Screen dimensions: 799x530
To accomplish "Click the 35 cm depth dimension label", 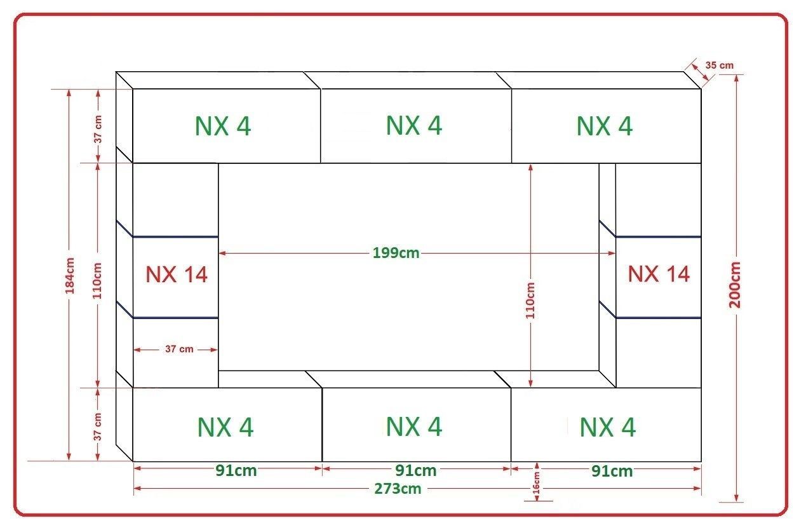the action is [719, 65].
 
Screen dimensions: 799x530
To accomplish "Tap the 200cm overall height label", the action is [735, 285].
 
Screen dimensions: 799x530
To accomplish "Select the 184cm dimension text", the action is [70, 276].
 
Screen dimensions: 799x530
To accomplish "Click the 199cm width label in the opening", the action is [396, 253].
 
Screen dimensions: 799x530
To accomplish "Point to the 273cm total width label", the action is [398, 489].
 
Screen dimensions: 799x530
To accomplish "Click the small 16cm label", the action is [536, 483].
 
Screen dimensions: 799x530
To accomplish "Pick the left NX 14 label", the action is [177, 275].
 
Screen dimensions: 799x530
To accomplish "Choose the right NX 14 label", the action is [659, 274].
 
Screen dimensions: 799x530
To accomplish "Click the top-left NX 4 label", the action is [223, 126].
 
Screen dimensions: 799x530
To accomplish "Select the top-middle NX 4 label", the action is [414, 125].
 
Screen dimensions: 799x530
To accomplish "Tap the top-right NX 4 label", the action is [605, 126].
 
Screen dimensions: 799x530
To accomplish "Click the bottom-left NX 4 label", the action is [225, 427].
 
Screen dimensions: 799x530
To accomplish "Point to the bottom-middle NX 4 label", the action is [414, 426].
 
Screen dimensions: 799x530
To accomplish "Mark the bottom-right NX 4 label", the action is [607, 427].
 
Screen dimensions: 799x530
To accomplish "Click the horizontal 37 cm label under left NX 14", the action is [179, 349].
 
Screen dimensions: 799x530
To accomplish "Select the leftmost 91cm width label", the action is [236, 471].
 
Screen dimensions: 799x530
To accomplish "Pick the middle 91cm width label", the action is [416, 471].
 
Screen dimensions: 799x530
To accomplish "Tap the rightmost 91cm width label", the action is [612, 471].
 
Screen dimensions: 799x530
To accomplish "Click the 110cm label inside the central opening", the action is [530, 301].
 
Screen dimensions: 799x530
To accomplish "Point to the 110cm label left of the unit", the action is [97, 281].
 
